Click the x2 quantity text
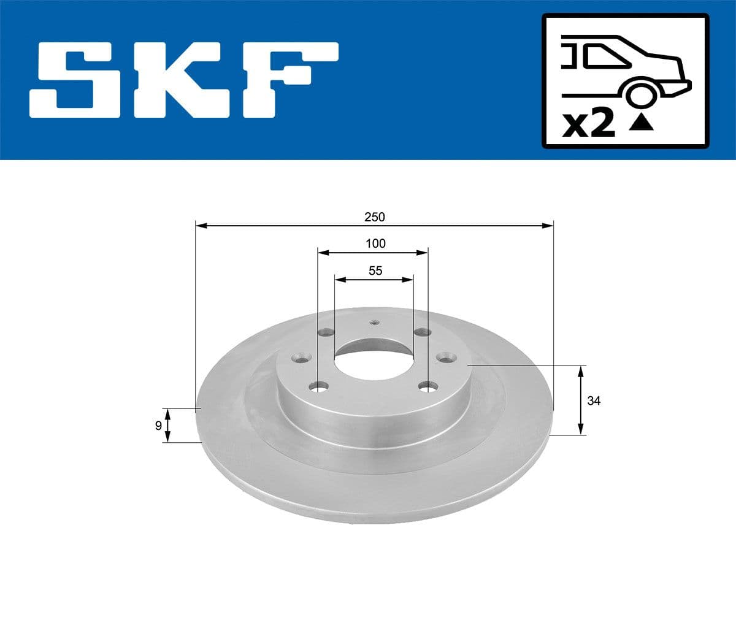tap(589, 124)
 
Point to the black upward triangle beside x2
tap(642, 123)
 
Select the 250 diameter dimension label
tap(374, 217)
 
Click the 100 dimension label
tap(375, 243)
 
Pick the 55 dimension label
tap(375, 270)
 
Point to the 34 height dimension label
tap(594, 401)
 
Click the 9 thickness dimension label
tap(158, 425)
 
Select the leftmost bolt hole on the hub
tap(300, 356)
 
